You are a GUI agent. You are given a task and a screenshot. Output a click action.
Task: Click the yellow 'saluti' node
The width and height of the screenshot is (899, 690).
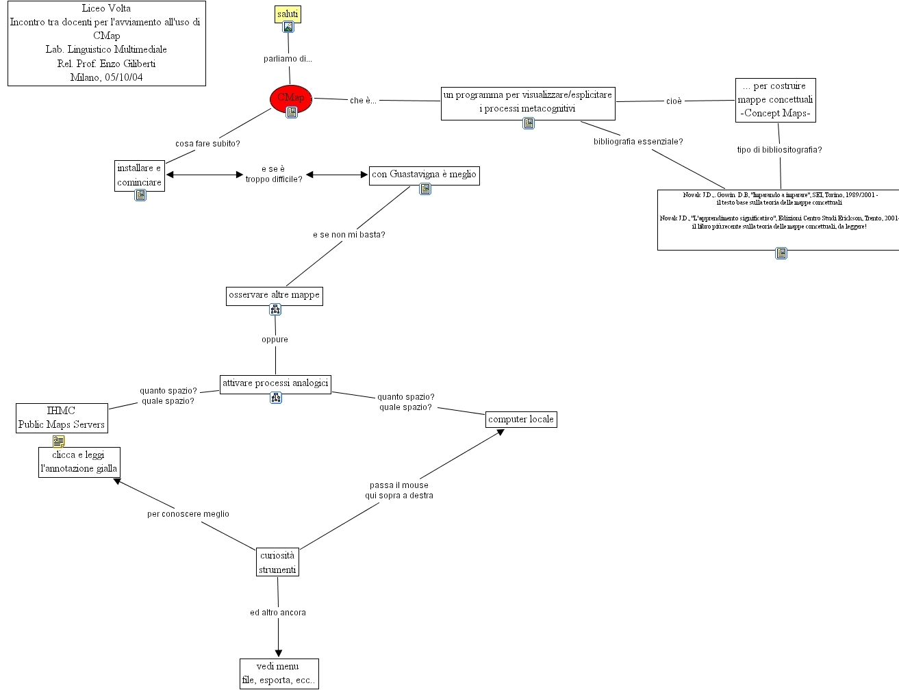click(x=288, y=14)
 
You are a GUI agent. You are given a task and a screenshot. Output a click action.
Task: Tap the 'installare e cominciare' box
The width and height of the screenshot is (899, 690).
click(x=139, y=175)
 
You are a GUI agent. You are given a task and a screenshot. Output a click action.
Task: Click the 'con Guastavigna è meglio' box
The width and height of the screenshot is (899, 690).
click(x=424, y=175)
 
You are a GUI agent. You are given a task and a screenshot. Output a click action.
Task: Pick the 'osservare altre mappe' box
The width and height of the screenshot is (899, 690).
click(x=274, y=295)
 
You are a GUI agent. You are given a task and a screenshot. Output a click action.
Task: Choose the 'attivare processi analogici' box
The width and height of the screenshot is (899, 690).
click(x=275, y=383)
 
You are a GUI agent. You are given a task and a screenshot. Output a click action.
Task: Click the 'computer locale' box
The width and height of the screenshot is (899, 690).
click(x=520, y=419)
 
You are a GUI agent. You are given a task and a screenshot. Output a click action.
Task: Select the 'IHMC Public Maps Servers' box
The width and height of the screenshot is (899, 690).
click(x=62, y=418)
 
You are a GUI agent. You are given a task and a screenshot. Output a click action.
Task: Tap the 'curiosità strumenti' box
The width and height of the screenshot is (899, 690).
click(x=277, y=562)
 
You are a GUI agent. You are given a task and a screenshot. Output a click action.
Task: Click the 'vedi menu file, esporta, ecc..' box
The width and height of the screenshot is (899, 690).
click(x=279, y=673)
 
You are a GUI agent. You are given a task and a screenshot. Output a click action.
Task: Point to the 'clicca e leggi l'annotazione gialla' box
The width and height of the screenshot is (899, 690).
click(x=79, y=462)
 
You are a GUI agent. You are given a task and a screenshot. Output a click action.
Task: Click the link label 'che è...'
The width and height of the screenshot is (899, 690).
click(x=363, y=101)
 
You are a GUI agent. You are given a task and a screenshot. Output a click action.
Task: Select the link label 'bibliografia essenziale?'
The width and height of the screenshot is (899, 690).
click(x=637, y=142)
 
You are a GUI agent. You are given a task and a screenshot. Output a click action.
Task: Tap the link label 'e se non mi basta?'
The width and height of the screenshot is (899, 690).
click(x=349, y=235)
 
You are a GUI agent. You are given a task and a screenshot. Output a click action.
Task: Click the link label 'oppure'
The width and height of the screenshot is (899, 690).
click(x=275, y=340)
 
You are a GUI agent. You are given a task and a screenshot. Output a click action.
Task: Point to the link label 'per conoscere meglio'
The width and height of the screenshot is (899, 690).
click(x=188, y=514)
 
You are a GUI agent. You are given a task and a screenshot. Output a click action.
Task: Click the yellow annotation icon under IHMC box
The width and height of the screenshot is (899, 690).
click(x=59, y=441)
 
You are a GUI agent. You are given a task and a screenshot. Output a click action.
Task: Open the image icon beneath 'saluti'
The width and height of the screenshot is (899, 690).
click(x=288, y=27)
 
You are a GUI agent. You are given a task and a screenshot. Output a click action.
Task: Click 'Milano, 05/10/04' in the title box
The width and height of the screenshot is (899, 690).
click(x=106, y=77)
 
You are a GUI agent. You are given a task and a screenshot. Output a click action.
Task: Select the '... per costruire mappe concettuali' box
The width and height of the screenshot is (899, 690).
click(x=775, y=100)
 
